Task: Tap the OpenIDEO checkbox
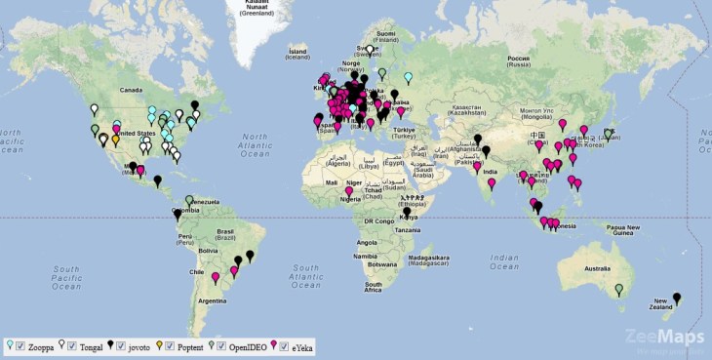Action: pos(220,344)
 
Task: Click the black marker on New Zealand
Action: pos(677,298)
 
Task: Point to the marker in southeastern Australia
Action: pos(618,288)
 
